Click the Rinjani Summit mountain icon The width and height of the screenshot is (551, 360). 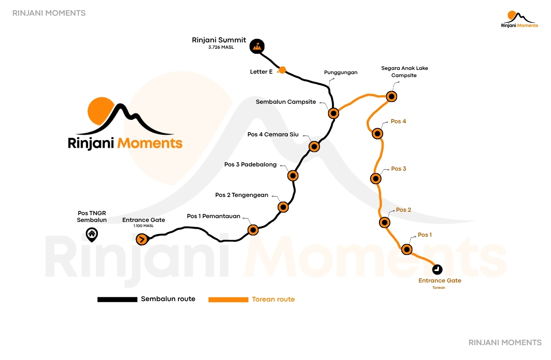point(257,46)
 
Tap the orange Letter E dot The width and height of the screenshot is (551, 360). point(282,70)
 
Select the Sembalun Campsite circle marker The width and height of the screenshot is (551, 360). point(334,113)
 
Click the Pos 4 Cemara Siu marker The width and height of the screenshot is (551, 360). point(314,147)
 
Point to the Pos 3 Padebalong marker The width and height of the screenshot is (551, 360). point(293,176)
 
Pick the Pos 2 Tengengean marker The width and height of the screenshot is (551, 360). point(283,207)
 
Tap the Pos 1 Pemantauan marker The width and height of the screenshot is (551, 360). point(253,230)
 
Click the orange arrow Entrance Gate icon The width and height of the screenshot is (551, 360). point(142,239)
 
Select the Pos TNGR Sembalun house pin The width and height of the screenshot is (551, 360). point(92,235)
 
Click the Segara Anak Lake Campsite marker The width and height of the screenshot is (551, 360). point(392,97)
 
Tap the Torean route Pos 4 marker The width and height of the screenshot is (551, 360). point(377,134)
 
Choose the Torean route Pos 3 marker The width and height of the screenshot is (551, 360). point(376,179)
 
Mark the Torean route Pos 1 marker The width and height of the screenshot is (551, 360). point(407,249)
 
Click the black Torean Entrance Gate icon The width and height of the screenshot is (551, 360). point(437,269)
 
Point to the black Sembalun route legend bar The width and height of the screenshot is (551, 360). point(117,299)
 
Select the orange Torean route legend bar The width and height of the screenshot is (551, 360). point(228,300)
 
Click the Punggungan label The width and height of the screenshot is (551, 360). point(341,72)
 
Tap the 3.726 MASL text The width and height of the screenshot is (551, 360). point(221,47)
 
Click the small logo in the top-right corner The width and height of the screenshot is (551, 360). point(520,19)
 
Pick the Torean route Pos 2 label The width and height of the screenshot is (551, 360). point(404,210)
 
